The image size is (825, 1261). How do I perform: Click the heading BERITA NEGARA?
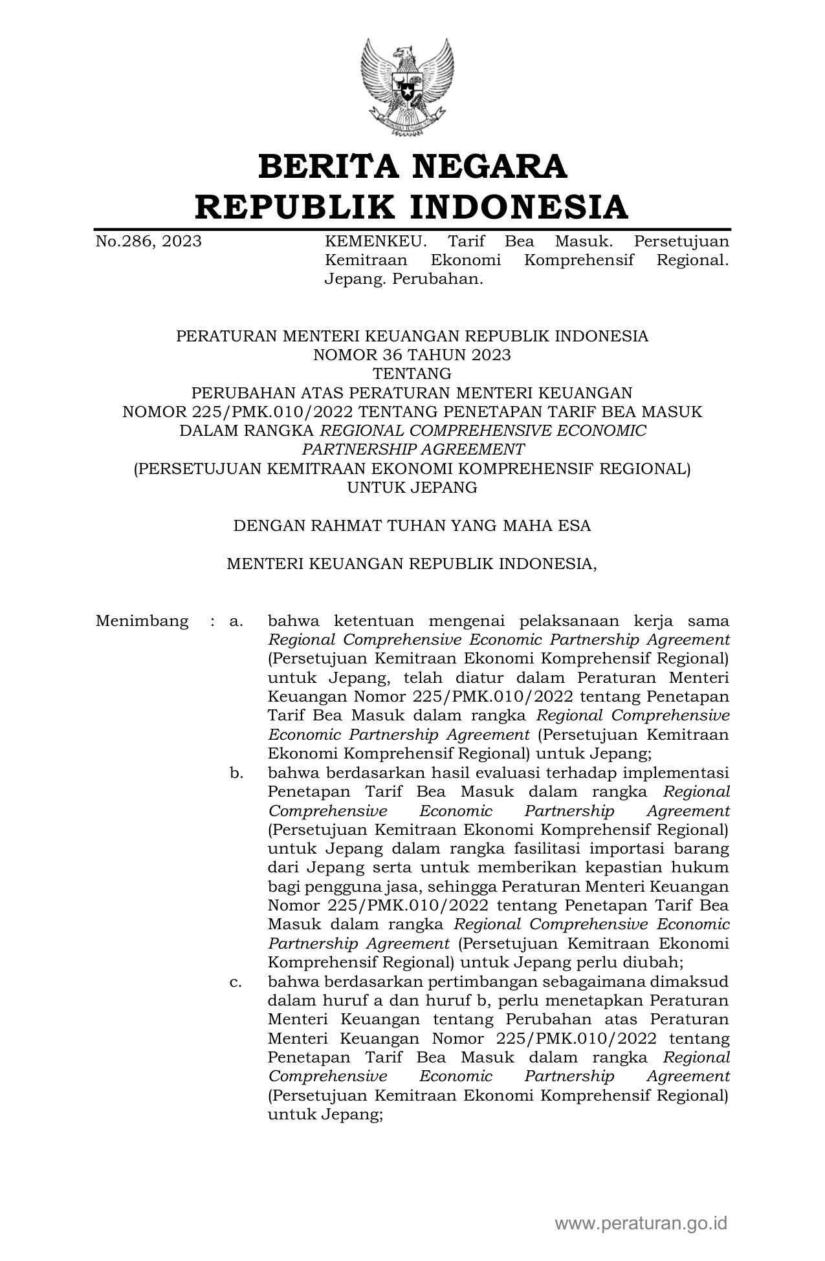412,167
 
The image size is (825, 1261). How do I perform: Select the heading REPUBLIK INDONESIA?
412,206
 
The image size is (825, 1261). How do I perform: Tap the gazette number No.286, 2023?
148,242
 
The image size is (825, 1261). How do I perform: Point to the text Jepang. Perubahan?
404,279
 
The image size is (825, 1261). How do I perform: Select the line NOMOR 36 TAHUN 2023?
412,355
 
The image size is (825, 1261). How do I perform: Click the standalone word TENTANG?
412,374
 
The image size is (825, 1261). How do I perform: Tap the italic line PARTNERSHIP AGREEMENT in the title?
412,449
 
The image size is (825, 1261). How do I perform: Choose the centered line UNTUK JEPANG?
412,488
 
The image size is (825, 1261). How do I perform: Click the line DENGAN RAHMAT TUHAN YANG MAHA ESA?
412,526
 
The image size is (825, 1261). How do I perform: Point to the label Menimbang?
142,621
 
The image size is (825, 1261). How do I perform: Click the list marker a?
236,622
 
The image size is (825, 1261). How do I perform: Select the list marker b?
236,773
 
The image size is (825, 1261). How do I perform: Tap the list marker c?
236,982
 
